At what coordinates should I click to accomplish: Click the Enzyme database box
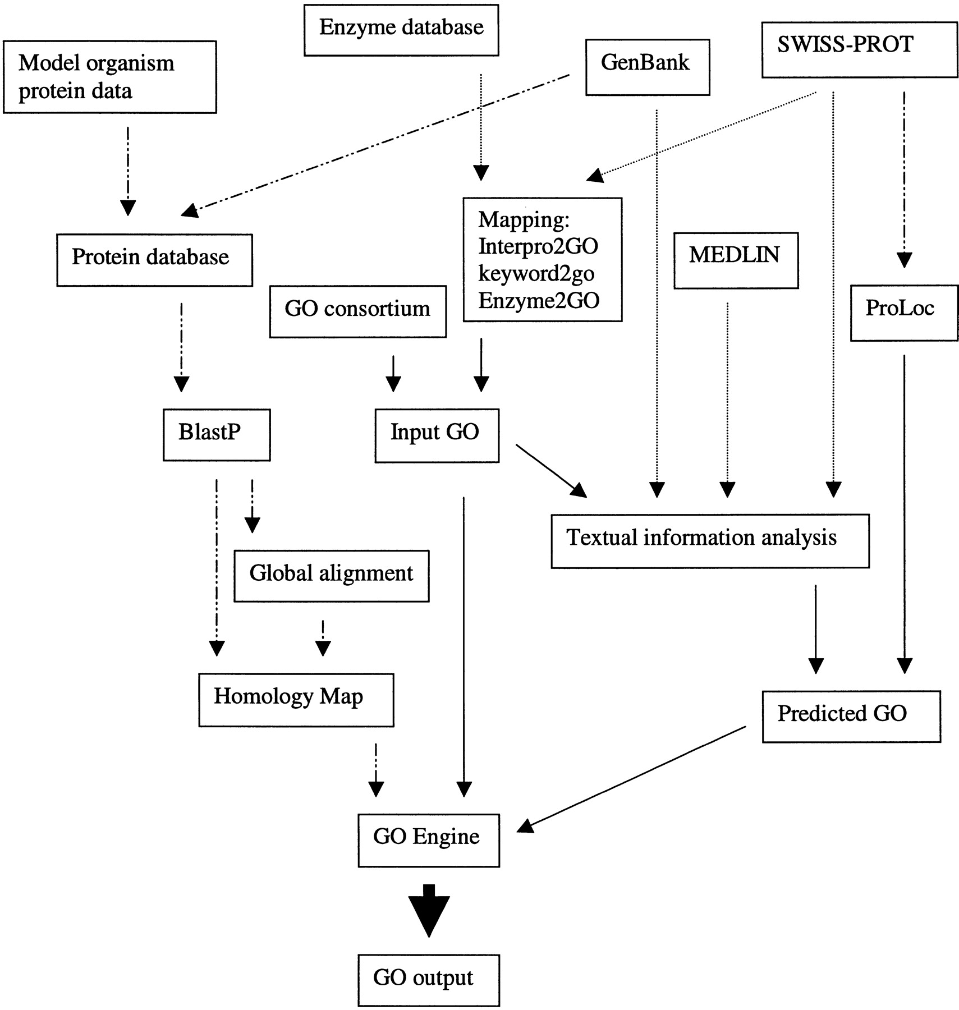click(x=401, y=30)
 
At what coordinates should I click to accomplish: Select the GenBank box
click(x=648, y=67)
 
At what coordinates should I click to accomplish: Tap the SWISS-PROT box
click(x=859, y=49)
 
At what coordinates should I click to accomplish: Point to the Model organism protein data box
click(x=110, y=77)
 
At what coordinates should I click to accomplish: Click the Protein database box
click(x=154, y=260)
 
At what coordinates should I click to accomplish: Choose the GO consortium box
click(x=357, y=311)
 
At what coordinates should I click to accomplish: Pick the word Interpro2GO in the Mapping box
click(x=538, y=246)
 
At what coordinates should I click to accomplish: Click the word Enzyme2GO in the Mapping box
click(x=539, y=301)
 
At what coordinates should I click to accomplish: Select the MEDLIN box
click(x=736, y=260)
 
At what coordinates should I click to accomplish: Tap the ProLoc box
click(x=903, y=313)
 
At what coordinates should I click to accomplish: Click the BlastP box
click(x=217, y=435)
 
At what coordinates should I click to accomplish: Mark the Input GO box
click(x=437, y=435)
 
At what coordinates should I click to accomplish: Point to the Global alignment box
click(x=331, y=576)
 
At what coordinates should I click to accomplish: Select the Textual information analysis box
click(x=710, y=541)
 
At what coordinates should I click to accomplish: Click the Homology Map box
click(x=296, y=700)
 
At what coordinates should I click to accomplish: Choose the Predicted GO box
click(x=851, y=717)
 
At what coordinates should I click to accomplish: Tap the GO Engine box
click(x=429, y=840)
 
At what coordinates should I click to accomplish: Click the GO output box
click(x=429, y=980)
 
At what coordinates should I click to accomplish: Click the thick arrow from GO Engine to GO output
click(x=429, y=910)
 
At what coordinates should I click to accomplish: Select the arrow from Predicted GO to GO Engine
click(x=631, y=777)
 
